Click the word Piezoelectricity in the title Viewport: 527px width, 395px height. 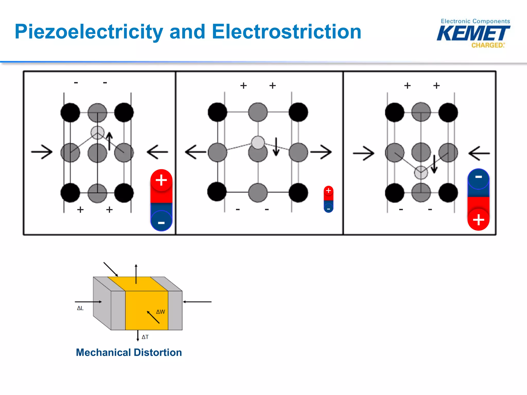pos(89,32)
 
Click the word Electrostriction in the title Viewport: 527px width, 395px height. pos(286,32)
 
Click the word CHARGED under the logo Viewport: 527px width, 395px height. pos(487,45)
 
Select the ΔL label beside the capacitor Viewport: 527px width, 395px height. pos(80,308)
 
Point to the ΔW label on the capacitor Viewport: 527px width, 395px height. pos(161,312)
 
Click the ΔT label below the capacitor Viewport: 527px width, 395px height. pos(145,337)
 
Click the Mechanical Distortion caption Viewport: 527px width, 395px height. pos(129,352)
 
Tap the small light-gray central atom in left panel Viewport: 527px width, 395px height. pos(98,132)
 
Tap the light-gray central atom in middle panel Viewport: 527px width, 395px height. pos(258,142)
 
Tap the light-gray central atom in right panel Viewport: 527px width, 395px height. pos(421,173)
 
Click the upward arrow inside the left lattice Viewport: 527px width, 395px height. pos(110,141)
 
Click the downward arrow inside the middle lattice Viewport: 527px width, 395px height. pos(276,147)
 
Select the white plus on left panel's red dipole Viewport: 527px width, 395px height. pos(161,180)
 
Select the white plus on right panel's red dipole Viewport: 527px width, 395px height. pos(478,220)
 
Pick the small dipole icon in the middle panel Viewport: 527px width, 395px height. pos(328,199)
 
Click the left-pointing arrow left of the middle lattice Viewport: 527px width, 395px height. pos(195,152)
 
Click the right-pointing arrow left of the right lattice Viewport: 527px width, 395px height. pos(364,153)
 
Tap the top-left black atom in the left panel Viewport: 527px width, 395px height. pos(70,113)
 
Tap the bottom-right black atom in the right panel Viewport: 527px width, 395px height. pos(448,193)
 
